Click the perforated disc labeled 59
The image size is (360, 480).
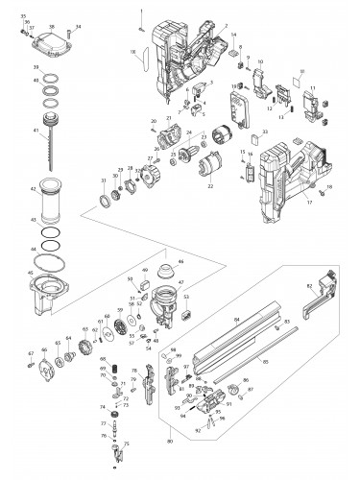(120, 332)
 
